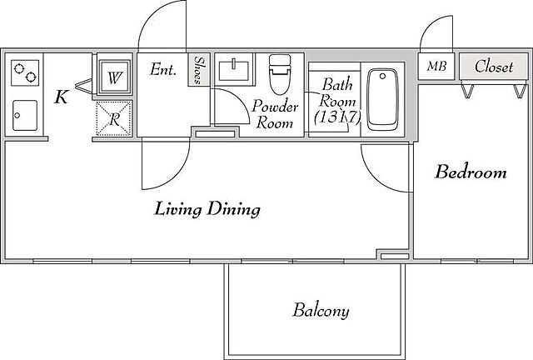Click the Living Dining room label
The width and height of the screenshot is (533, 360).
[x=207, y=209]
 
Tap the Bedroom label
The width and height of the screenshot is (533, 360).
[x=471, y=172]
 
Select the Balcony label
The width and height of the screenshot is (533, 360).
[x=321, y=310]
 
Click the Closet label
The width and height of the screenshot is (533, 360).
[x=494, y=67]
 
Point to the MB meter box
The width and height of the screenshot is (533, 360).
[x=436, y=67]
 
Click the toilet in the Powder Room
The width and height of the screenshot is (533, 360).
[x=280, y=74]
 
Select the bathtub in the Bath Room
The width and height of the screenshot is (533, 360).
[x=383, y=100]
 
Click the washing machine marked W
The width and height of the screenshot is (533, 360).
[x=114, y=77]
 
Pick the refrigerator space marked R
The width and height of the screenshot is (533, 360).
[x=114, y=118]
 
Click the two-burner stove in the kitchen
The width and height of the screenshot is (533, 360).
[x=25, y=72]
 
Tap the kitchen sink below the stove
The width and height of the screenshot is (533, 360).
[x=24, y=115]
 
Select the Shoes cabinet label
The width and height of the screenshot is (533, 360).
[x=199, y=70]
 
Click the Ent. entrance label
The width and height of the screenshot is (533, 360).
[x=163, y=70]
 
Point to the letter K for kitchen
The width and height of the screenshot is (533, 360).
[x=62, y=97]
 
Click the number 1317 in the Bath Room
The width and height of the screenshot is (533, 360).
[x=336, y=117]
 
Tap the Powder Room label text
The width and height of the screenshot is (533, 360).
[x=275, y=114]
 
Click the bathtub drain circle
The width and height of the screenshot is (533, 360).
[x=383, y=76]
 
